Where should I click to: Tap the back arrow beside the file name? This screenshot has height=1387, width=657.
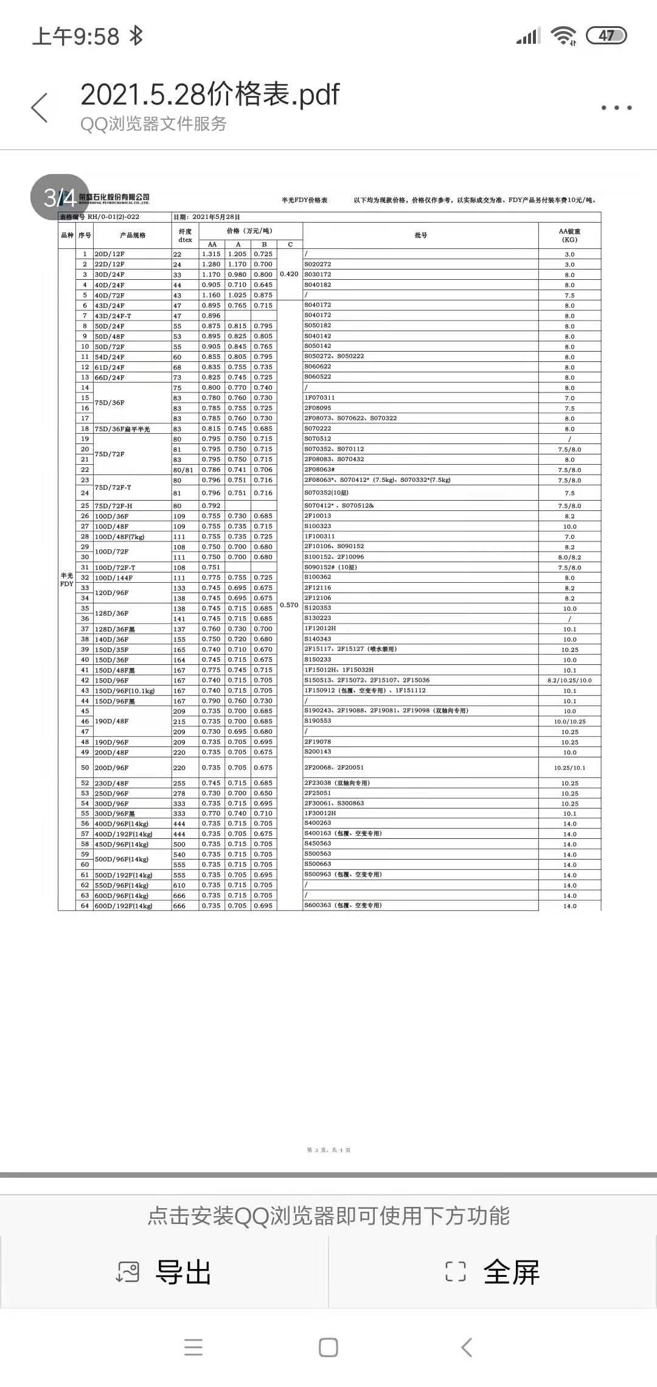[x=40, y=108]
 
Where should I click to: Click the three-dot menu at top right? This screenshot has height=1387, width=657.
[x=616, y=108]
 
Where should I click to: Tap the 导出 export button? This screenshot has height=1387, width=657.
[x=164, y=1272]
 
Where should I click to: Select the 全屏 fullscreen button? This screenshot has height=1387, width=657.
[x=493, y=1272]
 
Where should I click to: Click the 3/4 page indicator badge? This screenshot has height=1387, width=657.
[x=60, y=197]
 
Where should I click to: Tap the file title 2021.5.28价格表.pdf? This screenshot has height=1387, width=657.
[x=210, y=94]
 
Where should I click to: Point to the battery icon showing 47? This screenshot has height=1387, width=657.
[x=606, y=36]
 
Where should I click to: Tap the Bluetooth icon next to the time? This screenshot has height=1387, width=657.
[x=136, y=36]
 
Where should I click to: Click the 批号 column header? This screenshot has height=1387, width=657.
[x=420, y=235]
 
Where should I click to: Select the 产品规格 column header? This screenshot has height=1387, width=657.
[x=133, y=235]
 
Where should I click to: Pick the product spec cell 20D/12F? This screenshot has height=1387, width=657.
[x=109, y=254]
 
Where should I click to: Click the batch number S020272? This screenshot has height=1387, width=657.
[x=318, y=264]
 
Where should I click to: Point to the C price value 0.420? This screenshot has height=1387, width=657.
[x=289, y=274]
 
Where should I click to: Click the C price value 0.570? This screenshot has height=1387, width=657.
[x=289, y=605]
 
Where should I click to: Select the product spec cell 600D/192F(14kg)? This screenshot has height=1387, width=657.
[x=123, y=906]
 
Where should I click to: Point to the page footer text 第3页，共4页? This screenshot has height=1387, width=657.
[x=328, y=1150]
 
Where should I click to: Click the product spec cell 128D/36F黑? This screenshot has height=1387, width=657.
[x=114, y=629]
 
